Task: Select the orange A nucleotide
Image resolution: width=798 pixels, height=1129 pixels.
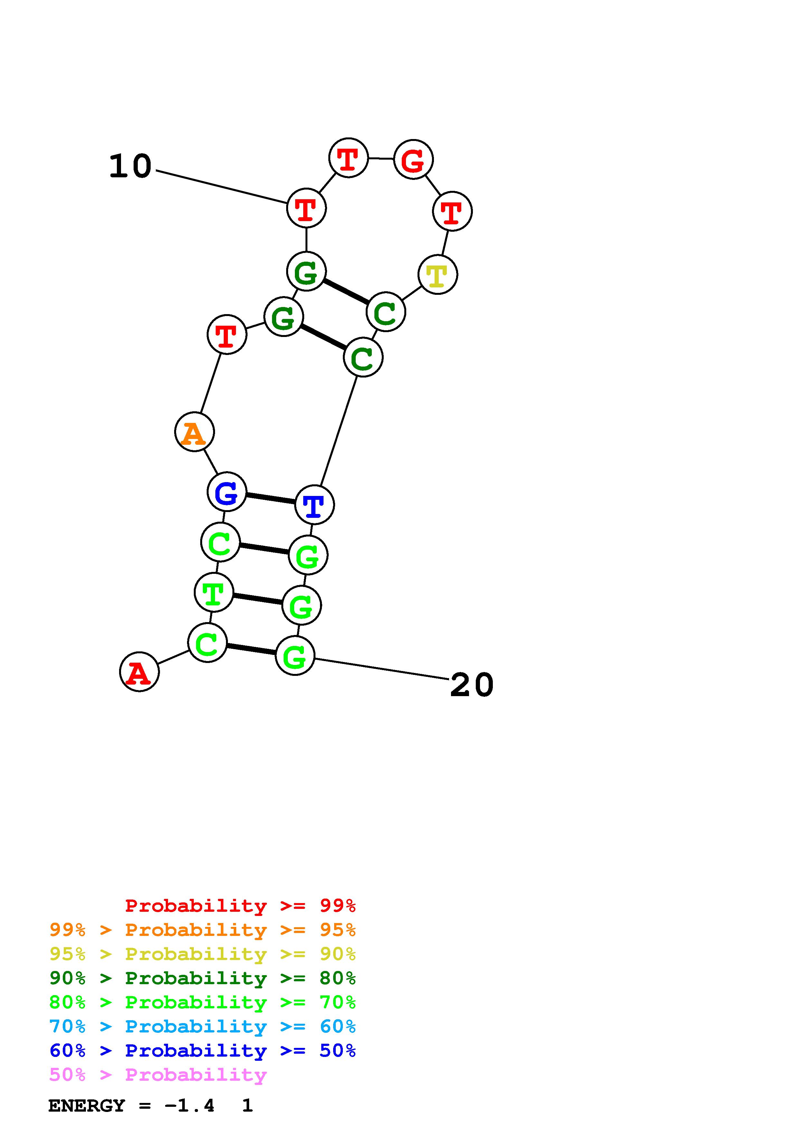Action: pyautogui.click(x=194, y=432)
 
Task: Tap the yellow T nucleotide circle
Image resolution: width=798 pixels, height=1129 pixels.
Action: pyautogui.click(x=437, y=275)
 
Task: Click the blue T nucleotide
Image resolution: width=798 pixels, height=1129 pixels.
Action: pyautogui.click(x=314, y=505)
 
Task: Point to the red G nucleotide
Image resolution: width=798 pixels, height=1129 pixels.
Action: pyautogui.click(x=413, y=159)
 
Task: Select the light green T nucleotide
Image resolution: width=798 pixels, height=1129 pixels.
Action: pyautogui.click(x=214, y=592)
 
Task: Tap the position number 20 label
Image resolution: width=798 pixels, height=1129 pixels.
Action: pyautogui.click(x=472, y=686)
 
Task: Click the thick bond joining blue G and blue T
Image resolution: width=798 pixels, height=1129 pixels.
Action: pyautogui.click(x=270, y=498)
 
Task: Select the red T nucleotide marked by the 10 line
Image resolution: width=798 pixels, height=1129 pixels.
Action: pyautogui.click(x=306, y=208)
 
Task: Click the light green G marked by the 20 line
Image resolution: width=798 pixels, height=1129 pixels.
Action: pyautogui.click(x=295, y=656)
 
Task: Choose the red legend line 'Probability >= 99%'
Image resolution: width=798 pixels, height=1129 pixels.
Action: pyautogui.click(x=240, y=905)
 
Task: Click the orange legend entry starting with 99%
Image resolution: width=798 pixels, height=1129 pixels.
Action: pyautogui.click(x=202, y=930)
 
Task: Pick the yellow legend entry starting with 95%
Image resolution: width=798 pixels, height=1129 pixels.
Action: pyautogui.click(x=202, y=954)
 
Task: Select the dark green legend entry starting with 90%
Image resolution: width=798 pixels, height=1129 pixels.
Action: pyautogui.click(x=202, y=978)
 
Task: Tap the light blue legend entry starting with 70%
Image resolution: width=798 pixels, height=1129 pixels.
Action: pyautogui.click(x=202, y=1026)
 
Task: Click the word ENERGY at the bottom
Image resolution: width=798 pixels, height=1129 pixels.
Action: pyautogui.click(x=87, y=1106)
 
